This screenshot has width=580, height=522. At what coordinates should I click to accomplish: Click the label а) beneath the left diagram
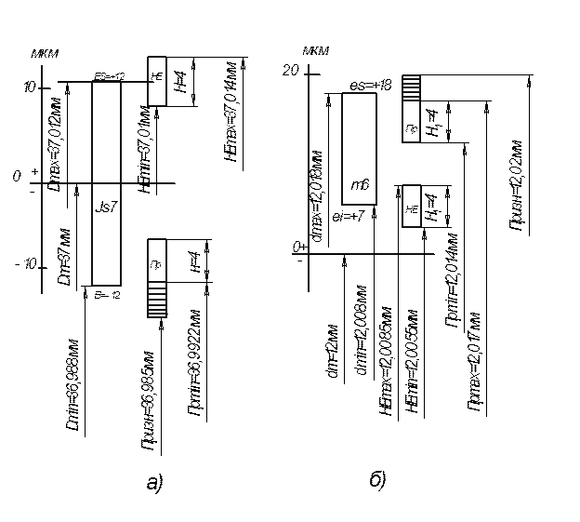[x=155, y=483]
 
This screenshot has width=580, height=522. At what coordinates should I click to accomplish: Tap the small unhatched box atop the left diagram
[x=157, y=81]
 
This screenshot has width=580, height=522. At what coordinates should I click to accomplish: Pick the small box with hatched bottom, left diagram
[x=157, y=277]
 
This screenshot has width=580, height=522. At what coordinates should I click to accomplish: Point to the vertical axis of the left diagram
[x=44, y=177]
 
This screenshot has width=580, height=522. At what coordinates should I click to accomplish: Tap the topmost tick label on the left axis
[x=30, y=85]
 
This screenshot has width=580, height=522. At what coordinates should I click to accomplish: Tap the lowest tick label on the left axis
[x=28, y=268]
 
